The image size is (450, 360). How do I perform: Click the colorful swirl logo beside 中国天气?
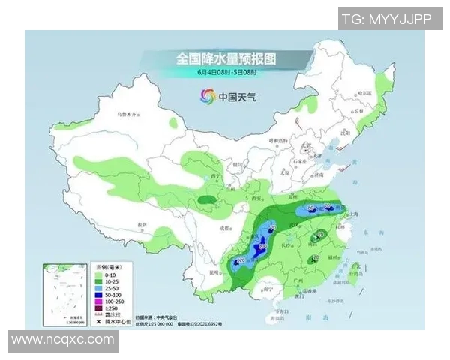point(206,96)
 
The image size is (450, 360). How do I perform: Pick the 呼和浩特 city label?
point(278,141)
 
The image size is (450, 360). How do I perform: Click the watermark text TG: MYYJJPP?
point(386,19)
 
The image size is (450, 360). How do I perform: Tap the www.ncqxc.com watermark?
point(63,340)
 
